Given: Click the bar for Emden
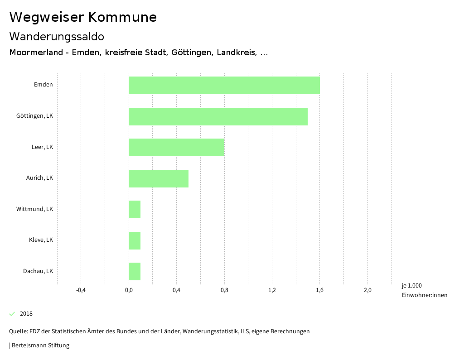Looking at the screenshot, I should (224, 85).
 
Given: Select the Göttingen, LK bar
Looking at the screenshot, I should (218, 116).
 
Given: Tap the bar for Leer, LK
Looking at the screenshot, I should (177, 147).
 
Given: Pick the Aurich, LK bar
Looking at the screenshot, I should (159, 178).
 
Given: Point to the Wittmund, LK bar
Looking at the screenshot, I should (135, 209).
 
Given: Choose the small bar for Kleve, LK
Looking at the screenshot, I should (135, 240).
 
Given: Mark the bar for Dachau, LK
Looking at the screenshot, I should (135, 271).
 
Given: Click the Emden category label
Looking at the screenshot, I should (43, 85).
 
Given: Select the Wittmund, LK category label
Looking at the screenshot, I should (35, 209).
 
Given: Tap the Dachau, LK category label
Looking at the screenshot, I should (38, 271).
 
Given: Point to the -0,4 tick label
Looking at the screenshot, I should (81, 290).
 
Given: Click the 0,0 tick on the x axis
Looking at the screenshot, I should (129, 290).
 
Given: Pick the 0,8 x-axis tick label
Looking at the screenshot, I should (224, 290).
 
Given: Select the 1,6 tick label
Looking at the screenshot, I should (320, 290).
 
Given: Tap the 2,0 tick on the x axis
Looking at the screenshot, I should (367, 290).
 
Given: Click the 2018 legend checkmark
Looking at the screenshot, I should (12, 314).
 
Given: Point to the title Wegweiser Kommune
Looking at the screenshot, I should (83, 17).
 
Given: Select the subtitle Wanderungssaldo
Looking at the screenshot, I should (57, 37).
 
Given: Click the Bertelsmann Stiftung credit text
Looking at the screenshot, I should (40, 346).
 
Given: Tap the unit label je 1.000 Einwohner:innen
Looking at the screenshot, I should (424, 290).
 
